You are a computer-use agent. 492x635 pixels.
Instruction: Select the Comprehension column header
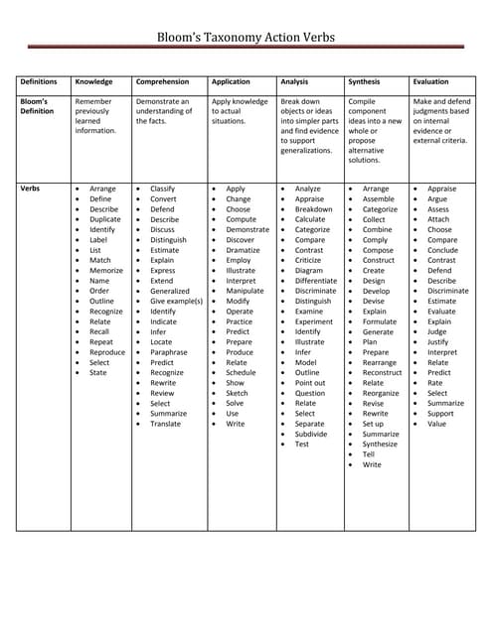tap(162, 82)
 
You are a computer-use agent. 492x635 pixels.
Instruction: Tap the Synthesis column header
tap(367, 82)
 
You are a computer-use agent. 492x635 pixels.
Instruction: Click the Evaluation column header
tap(430, 82)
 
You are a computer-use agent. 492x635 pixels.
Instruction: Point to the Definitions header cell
tap(38, 82)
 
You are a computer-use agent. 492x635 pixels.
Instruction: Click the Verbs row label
tap(31, 189)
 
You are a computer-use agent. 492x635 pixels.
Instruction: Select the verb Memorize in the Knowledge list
tap(106, 270)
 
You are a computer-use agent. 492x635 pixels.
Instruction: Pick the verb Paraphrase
tap(168, 352)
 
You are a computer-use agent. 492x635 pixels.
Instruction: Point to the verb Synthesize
tap(380, 444)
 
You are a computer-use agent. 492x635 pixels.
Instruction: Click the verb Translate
tap(165, 424)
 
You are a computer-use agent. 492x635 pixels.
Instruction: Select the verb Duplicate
tap(104, 219)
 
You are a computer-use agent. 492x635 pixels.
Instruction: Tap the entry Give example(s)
tap(176, 301)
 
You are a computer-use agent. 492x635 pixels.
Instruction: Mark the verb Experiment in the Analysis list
tap(314, 321)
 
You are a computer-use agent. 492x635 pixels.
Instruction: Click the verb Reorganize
tap(381, 393)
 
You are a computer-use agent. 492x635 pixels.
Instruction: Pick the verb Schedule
tap(241, 372)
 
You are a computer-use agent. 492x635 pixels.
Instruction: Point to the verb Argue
tap(437, 199)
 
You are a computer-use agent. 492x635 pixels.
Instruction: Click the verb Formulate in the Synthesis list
tap(379, 321)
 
